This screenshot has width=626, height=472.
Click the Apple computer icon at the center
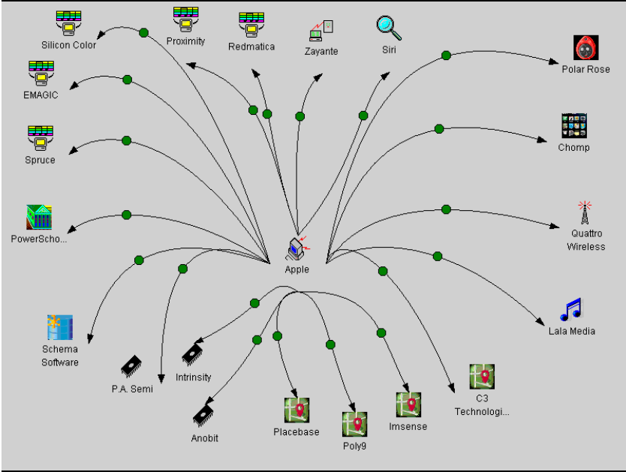point(297,247)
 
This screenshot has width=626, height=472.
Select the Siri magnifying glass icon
point(389,28)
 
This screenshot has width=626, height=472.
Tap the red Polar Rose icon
point(585,48)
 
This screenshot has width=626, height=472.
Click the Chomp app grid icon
point(573,126)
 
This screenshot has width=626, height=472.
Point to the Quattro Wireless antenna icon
point(585,213)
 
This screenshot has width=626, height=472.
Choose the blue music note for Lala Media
point(571,309)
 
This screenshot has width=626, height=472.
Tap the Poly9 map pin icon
point(354,424)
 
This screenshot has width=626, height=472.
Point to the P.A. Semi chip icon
point(132,365)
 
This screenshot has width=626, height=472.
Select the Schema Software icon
point(60,328)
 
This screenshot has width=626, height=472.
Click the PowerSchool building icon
point(39,218)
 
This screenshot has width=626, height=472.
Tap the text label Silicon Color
point(68,45)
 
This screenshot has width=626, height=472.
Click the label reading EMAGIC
point(41,95)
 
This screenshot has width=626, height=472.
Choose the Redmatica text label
point(251,47)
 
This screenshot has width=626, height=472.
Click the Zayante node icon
point(321,30)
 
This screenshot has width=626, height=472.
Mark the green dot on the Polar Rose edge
point(446,55)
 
